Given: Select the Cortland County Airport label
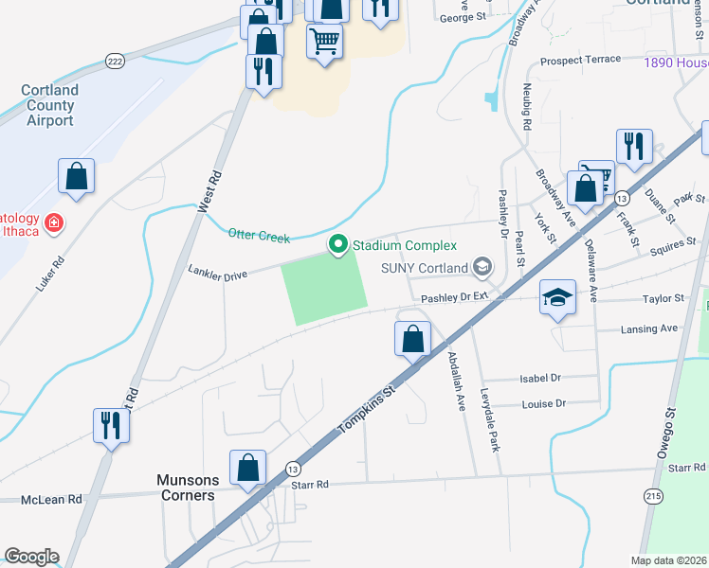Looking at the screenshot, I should (50, 105).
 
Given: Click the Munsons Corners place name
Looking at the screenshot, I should (186, 488).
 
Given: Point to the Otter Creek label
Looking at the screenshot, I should (259, 234).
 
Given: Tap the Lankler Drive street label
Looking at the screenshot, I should (217, 274).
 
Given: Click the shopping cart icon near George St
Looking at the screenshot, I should (324, 41).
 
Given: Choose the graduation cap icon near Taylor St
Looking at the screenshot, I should (557, 297).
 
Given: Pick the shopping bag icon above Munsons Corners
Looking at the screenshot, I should (248, 468).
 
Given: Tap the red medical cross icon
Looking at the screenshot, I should (54, 222).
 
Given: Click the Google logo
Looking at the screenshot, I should (31, 557).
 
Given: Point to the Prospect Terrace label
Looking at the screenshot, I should (580, 61).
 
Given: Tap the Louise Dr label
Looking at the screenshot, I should (543, 403).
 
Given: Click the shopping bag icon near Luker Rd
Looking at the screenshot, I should (76, 176).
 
